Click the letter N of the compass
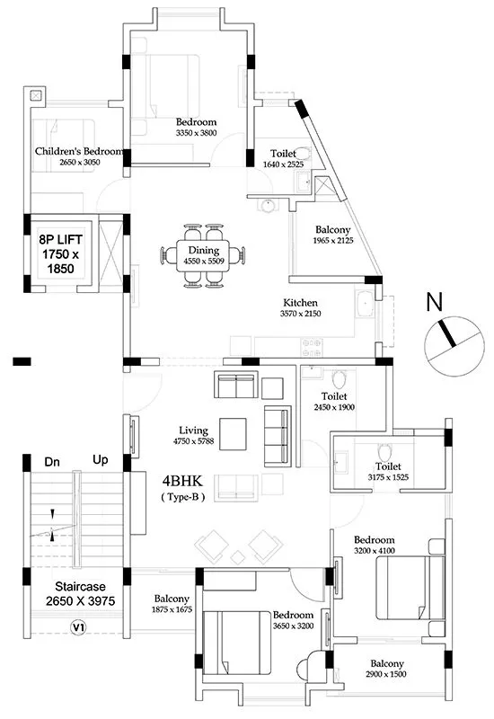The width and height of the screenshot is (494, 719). coord(436,304)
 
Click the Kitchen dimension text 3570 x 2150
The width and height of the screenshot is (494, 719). coord(301,314)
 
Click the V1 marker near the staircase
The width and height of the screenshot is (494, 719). coord(78,626)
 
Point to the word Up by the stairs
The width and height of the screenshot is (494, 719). coord(101,460)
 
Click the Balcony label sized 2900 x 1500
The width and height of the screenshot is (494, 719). coord(387,668)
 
